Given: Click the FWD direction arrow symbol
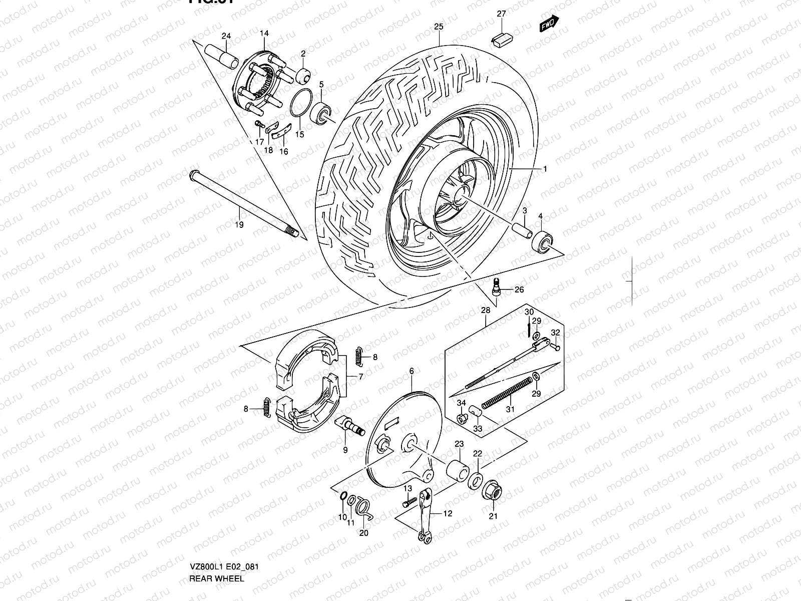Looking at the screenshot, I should click(x=549, y=24).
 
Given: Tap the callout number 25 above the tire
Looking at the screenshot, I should click(x=439, y=27).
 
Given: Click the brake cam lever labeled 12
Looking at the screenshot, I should click(x=424, y=516).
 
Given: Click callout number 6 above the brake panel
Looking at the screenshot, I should click(x=412, y=371).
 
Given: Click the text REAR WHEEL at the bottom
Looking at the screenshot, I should click(x=217, y=578).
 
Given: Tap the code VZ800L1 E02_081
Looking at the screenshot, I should click(x=224, y=567).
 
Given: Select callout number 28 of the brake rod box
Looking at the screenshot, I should click(x=486, y=311).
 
